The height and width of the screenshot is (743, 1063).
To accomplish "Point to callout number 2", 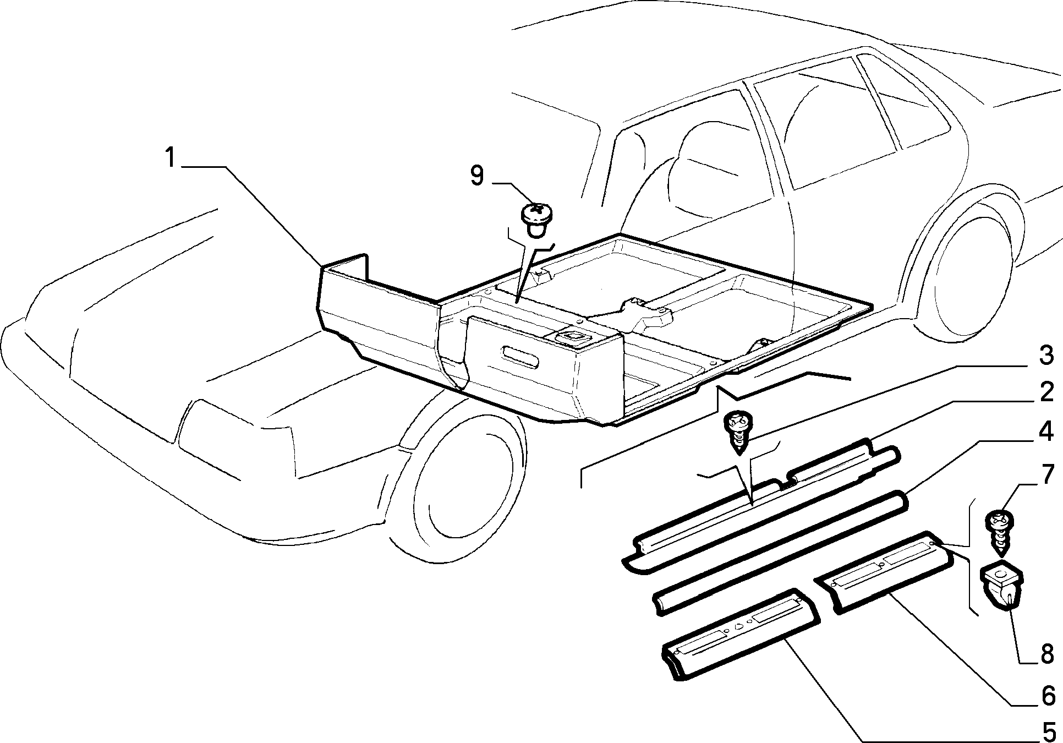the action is click(x=1046, y=392).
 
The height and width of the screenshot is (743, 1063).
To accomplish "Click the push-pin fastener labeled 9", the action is click(x=536, y=220).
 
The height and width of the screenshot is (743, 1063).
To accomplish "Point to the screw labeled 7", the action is click(x=1002, y=534).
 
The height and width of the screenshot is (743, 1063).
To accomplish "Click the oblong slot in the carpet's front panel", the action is click(x=521, y=360).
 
